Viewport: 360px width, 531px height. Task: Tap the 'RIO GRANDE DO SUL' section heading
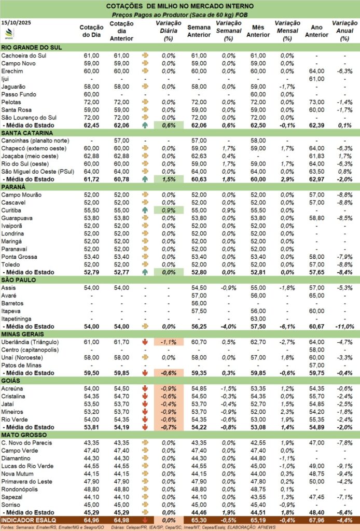(32, 47)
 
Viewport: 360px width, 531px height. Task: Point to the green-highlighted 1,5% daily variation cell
(169, 179)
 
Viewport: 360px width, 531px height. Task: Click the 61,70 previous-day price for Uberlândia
(122, 342)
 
